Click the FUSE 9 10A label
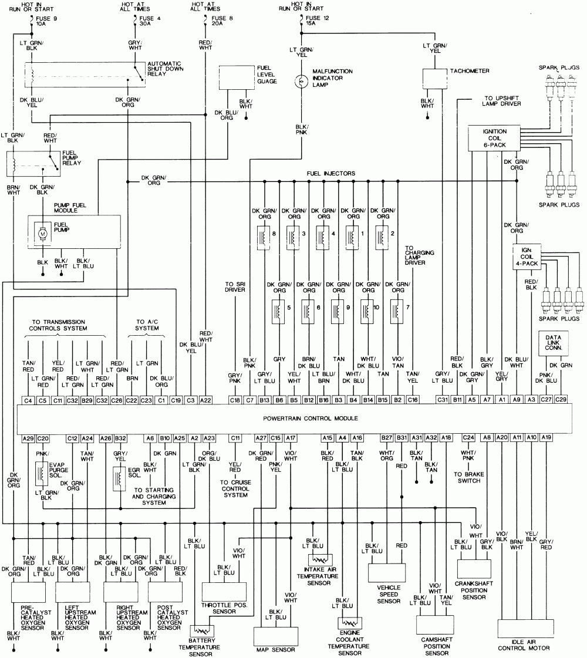coord(48,21)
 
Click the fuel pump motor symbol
coord(42,234)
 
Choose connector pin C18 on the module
coord(235,400)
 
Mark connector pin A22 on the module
coord(205,400)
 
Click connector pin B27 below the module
coord(386,437)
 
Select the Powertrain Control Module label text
coord(311,418)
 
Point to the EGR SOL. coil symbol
coord(116,478)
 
